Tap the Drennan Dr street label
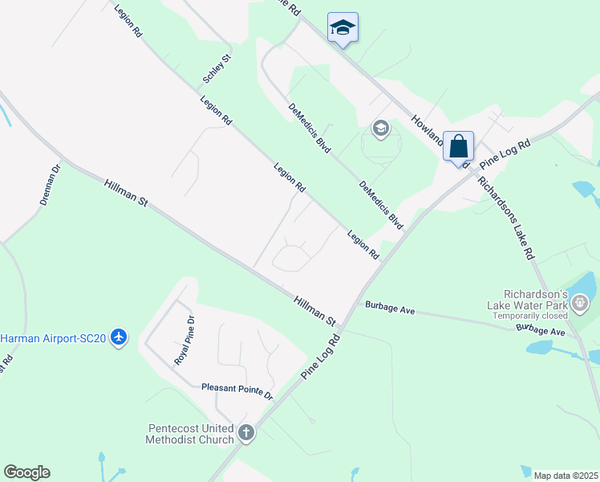[50, 186]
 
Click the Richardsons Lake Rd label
[505, 217]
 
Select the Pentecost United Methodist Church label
[190, 434]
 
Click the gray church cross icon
[246, 434]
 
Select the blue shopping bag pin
[458, 148]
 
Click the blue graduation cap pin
[343, 28]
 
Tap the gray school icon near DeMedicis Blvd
[380, 129]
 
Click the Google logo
[26, 472]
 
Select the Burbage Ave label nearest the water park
[541, 330]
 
